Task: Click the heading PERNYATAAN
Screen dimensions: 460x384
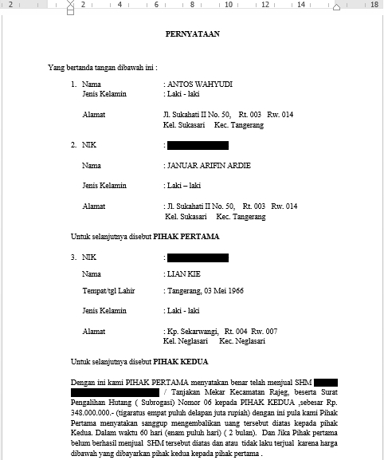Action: [x=192, y=34]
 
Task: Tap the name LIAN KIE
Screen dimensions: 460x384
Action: [x=184, y=273]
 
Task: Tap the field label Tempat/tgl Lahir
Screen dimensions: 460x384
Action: [x=108, y=291]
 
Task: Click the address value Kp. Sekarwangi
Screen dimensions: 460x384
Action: [x=192, y=330]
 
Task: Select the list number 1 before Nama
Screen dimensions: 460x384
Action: [x=73, y=83]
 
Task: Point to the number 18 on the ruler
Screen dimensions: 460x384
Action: [x=374, y=5]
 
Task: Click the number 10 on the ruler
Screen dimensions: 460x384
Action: [x=229, y=5]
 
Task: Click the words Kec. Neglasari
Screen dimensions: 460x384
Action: [x=242, y=341]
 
